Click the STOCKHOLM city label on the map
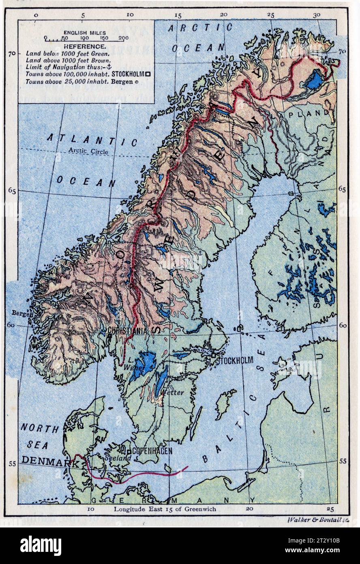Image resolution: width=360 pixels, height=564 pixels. [235, 360]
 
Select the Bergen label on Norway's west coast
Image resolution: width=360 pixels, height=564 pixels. [19, 313]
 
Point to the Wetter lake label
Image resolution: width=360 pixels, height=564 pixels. [172, 392]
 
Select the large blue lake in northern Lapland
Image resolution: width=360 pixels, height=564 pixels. [313, 80]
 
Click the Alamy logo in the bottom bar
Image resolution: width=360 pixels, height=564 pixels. [41, 545]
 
